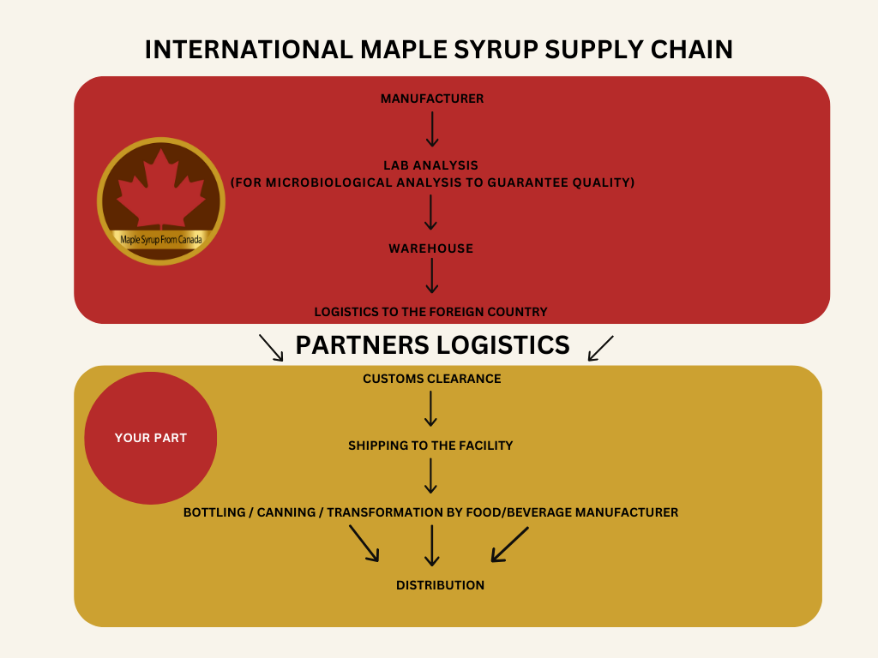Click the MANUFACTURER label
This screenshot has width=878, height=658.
click(432, 99)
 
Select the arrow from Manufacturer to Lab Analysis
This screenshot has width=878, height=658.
click(432, 129)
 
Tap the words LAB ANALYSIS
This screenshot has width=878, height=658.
click(432, 164)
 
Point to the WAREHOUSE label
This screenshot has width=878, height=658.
click(430, 248)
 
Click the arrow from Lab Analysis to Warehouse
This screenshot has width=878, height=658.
click(432, 212)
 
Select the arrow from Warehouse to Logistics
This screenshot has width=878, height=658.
click(432, 276)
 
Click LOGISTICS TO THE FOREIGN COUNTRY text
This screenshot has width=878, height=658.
click(430, 312)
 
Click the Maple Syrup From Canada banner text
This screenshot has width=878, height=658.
click(161, 240)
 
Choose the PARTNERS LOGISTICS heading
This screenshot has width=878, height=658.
click(432, 344)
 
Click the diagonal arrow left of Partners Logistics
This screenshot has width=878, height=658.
click(271, 347)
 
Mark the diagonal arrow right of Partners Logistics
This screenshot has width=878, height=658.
click(601, 347)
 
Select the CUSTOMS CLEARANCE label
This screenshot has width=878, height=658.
click(431, 379)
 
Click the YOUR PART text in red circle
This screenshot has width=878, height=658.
click(151, 438)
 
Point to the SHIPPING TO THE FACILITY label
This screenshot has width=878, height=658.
click(430, 446)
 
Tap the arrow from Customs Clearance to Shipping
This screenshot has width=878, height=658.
click(431, 409)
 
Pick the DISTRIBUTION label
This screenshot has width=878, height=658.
click(440, 585)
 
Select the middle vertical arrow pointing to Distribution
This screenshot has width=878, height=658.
click(432, 545)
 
